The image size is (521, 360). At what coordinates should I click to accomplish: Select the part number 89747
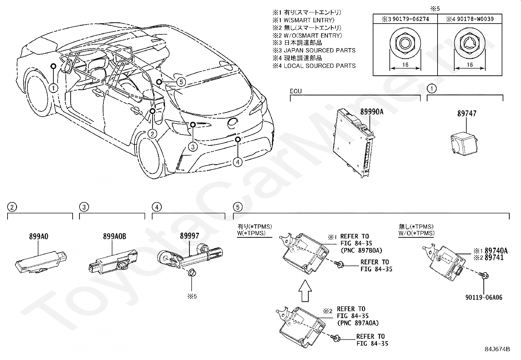point(466,114)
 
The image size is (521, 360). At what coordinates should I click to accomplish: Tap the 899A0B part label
point(114,236)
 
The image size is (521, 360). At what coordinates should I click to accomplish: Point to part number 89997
point(189,236)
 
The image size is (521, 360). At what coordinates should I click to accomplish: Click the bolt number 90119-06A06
point(484,297)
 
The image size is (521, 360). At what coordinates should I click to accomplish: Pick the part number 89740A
point(496,251)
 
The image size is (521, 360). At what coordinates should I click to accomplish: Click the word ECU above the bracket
point(296,91)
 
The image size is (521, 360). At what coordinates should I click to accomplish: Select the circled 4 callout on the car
point(238,162)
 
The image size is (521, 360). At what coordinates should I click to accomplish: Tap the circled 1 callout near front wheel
point(53,88)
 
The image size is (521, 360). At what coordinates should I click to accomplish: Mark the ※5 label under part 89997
point(192,296)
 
